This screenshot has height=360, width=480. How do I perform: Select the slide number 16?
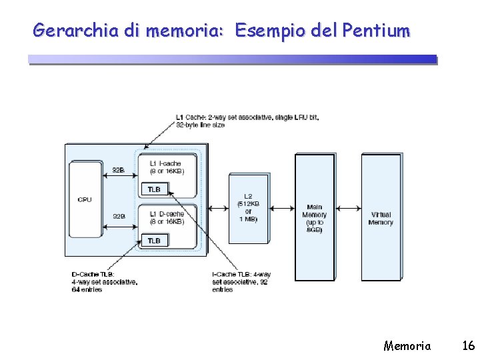click(468, 345)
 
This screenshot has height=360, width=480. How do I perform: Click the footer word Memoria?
click(407, 345)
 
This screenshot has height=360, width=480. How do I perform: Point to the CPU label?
click(85, 199)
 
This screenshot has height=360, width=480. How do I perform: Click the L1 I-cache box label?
click(166, 167)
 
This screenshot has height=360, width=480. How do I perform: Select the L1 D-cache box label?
click(166, 218)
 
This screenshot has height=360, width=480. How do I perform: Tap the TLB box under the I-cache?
click(154, 189)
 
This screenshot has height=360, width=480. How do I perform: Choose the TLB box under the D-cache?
click(154, 240)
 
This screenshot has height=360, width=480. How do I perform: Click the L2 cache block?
click(248, 208)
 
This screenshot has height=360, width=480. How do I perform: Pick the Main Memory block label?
click(314, 218)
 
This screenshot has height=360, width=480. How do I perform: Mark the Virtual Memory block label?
click(381, 218)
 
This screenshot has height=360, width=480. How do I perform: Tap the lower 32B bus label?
click(119, 216)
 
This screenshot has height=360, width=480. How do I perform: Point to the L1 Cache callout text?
click(247, 121)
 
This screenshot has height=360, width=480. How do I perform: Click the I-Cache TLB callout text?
click(241, 281)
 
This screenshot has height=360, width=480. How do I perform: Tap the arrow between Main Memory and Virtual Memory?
click(347, 208)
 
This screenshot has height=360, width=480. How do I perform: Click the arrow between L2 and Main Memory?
click(282, 208)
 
